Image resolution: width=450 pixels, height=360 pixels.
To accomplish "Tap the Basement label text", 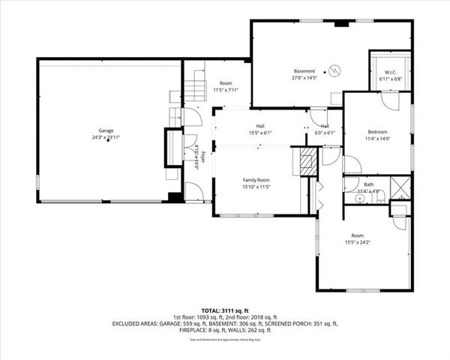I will [304, 70].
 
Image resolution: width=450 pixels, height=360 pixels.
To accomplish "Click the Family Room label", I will [256, 180].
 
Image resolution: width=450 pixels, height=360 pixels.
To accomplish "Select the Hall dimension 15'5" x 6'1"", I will [260, 133].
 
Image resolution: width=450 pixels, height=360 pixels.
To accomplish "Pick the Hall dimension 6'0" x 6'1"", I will [325, 133].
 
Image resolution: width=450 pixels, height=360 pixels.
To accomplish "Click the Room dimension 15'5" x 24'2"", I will [357, 241].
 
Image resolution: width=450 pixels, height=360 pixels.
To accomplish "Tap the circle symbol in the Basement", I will [335, 70].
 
